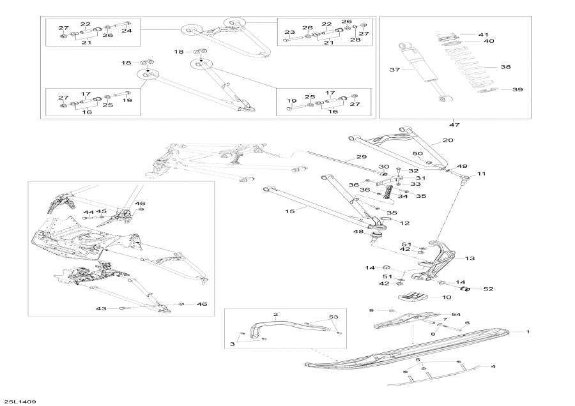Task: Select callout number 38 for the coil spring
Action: coord(505,66)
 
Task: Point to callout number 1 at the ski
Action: coord(528,332)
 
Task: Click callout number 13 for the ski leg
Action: coord(470,258)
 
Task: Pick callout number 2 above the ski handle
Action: coord(276,315)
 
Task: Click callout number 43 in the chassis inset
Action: coord(100,309)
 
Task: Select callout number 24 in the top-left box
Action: coord(126,31)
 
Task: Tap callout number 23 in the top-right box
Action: coord(289,32)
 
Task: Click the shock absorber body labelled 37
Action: coord(418,64)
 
